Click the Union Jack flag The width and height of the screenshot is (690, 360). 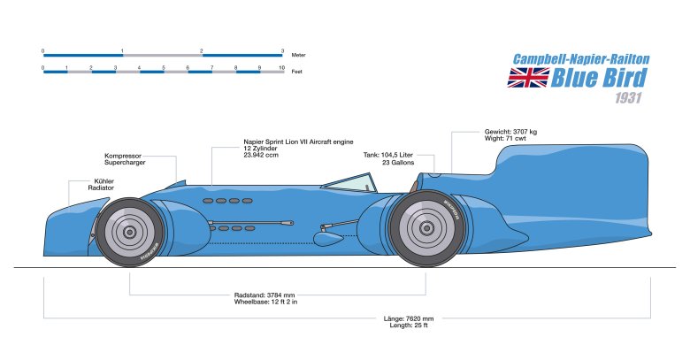coord(526,78)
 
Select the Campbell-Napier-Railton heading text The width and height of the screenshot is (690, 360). coord(582,59)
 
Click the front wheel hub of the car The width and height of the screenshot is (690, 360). coord(130,233)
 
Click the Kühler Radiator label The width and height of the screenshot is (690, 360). coord(101,184)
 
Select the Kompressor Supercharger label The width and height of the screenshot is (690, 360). coord(125,159)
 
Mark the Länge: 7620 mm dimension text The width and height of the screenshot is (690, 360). coord(409,321)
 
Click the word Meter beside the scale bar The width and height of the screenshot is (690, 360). coord(297,55)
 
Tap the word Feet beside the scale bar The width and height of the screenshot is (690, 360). coord(295,72)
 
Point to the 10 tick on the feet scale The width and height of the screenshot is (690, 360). coord(282,66)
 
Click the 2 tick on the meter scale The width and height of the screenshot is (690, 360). coord(202,50)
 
